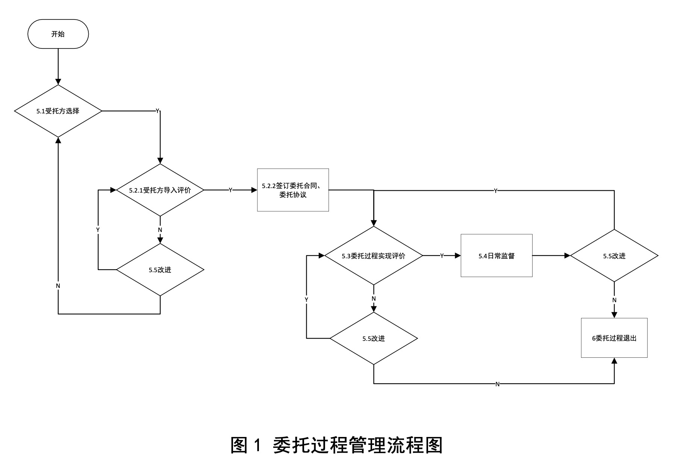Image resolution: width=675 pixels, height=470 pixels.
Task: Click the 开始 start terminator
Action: click(58, 34)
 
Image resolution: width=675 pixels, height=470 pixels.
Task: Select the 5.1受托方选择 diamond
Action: click(58, 111)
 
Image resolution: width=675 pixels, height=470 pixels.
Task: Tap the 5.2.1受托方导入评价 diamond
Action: click(160, 190)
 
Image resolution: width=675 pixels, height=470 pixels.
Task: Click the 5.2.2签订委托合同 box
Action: click(293, 190)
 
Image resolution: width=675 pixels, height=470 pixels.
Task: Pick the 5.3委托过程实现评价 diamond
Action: click(374, 256)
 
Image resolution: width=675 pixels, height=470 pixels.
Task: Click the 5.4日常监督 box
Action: click(496, 256)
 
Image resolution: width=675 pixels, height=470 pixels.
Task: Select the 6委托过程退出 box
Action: click(614, 338)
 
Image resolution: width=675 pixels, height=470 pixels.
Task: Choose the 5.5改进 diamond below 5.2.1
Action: click(160, 270)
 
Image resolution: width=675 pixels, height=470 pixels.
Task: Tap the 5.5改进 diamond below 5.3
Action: click(374, 339)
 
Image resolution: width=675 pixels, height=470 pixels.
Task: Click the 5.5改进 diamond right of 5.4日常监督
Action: click(614, 256)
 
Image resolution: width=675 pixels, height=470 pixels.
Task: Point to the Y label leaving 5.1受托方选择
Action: click(157, 111)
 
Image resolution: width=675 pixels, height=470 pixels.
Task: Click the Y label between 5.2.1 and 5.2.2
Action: click(230, 190)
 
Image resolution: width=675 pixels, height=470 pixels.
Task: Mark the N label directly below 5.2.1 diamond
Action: click(160, 230)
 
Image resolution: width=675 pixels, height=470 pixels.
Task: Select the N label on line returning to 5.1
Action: click(58, 286)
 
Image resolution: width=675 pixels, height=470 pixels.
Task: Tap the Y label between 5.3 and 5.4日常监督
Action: click(442, 256)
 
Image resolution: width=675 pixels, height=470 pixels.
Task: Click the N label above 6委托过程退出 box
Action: click(614, 300)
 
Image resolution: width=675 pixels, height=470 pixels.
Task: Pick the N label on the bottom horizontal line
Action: click(498, 384)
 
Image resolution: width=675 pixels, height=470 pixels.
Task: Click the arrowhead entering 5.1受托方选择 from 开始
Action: click(58, 82)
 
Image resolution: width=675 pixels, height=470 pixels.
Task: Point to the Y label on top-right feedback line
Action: click(495, 191)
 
